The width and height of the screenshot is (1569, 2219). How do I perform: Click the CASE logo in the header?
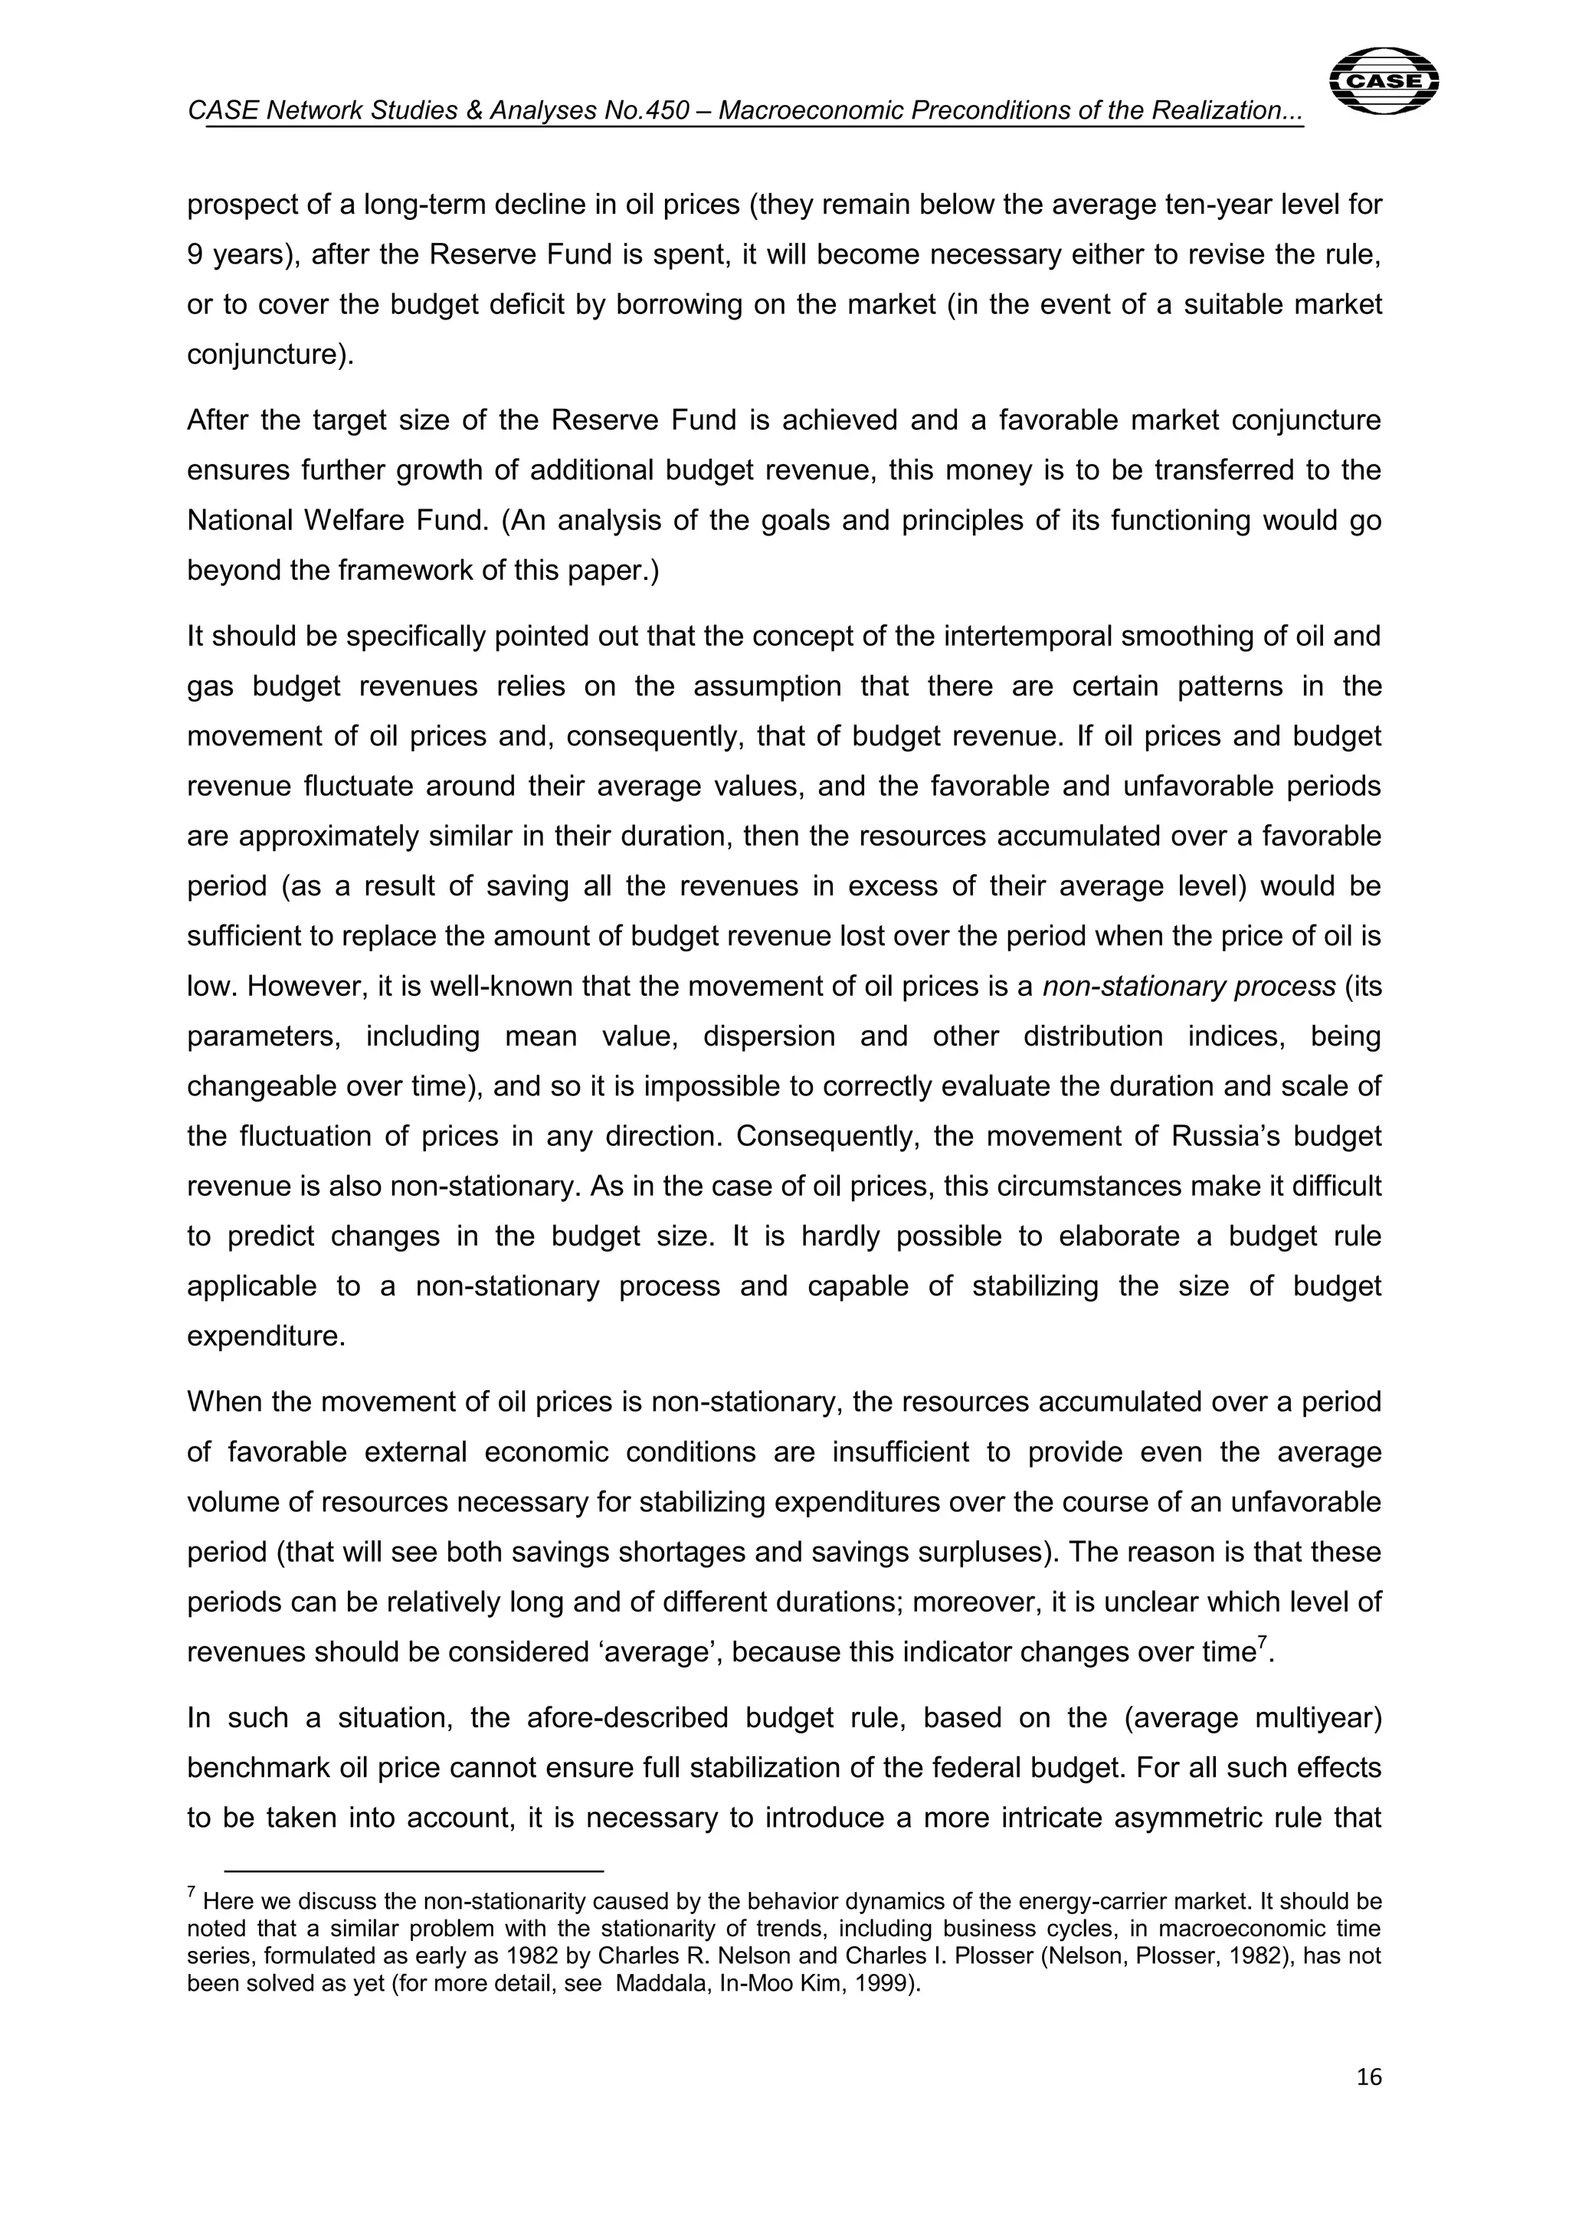point(1384,81)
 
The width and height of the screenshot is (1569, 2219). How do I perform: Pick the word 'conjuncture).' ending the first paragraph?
point(270,355)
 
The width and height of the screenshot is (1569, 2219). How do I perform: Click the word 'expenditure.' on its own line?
point(266,1337)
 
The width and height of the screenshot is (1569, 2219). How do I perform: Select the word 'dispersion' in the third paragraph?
point(768,1037)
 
